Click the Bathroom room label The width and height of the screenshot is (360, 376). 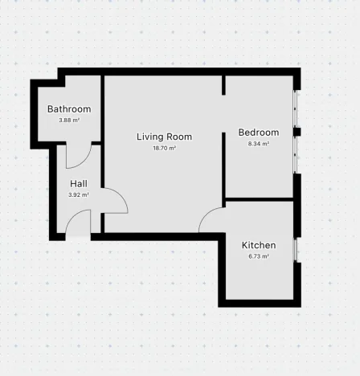pos(68,109)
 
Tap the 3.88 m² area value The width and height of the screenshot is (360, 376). pos(68,121)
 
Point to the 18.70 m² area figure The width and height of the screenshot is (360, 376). pos(165,149)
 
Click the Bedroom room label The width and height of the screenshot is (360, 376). pos(258,133)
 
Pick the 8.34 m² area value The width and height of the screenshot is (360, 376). pos(258,145)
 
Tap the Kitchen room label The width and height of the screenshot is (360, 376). pos(259,245)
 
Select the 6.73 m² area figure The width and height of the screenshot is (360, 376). pos(259,257)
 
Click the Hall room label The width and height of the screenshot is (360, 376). pos(78,183)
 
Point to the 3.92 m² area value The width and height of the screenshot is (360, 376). pos(78,194)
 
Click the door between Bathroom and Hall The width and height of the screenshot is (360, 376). pos(77,156)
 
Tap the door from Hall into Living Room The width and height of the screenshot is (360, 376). pos(112,201)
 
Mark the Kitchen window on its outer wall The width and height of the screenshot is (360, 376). pos(297,250)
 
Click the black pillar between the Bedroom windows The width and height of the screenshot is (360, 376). pos(297,132)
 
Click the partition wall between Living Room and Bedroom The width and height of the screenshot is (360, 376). pos(224,137)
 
